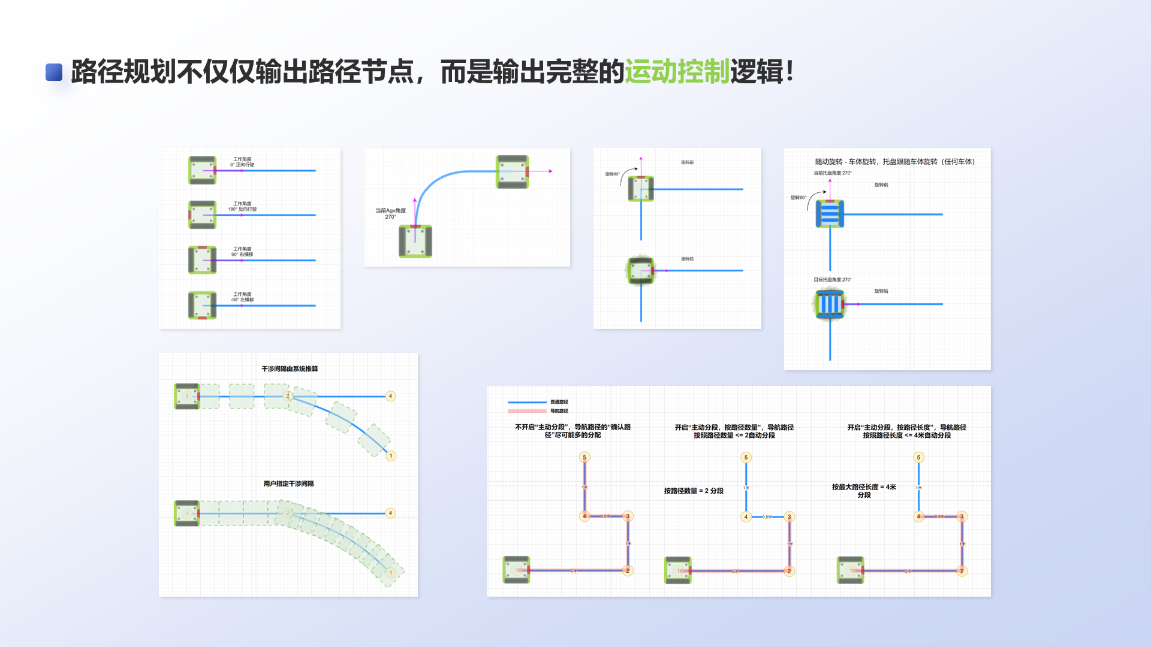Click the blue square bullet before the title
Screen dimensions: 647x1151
pyautogui.click(x=54, y=72)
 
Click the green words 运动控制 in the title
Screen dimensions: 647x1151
pyautogui.click(x=677, y=72)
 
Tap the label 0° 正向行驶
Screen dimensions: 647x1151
pyautogui.click(x=242, y=162)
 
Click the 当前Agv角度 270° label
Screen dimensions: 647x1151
pyautogui.click(x=390, y=213)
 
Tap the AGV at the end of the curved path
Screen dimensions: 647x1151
pyautogui.click(x=512, y=172)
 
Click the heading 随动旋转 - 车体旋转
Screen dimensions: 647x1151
pyautogui.click(x=894, y=162)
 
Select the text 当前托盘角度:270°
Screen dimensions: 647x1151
pyautogui.click(x=832, y=173)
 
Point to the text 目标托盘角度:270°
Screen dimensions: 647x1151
pyautogui.click(x=832, y=280)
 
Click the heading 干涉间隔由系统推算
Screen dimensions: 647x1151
pyautogui.click(x=290, y=369)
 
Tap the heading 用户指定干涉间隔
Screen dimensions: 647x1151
pyautogui.click(x=288, y=484)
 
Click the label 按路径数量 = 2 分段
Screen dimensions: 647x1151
pyautogui.click(x=693, y=491)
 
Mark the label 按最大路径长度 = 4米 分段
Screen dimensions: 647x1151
pyautogui.click(x=863, y=491)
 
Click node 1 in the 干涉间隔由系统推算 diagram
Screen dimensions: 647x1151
pyautogui.click(x=391, y=456)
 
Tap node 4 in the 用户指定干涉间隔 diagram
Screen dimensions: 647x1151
pyautogui.click(x=390, y=513)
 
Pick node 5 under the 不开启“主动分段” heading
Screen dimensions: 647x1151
pyautogui.click(x=584, y=457)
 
